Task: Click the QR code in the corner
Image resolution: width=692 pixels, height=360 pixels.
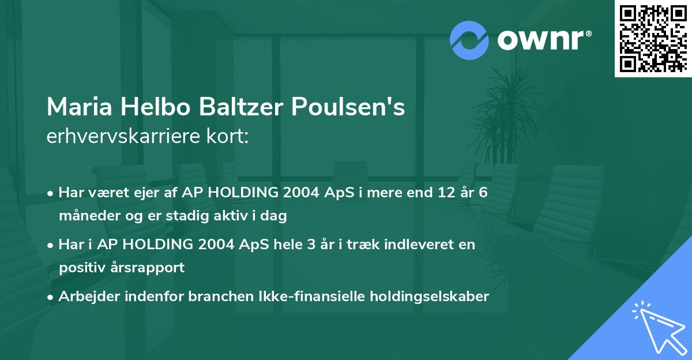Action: [653, 39]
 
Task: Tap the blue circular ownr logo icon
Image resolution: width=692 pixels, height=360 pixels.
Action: [469, 40]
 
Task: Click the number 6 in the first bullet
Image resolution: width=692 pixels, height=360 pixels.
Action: [483, 192]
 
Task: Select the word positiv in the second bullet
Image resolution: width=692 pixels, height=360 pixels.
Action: [78, 268]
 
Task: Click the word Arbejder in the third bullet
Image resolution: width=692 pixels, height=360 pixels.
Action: [85, 297]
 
